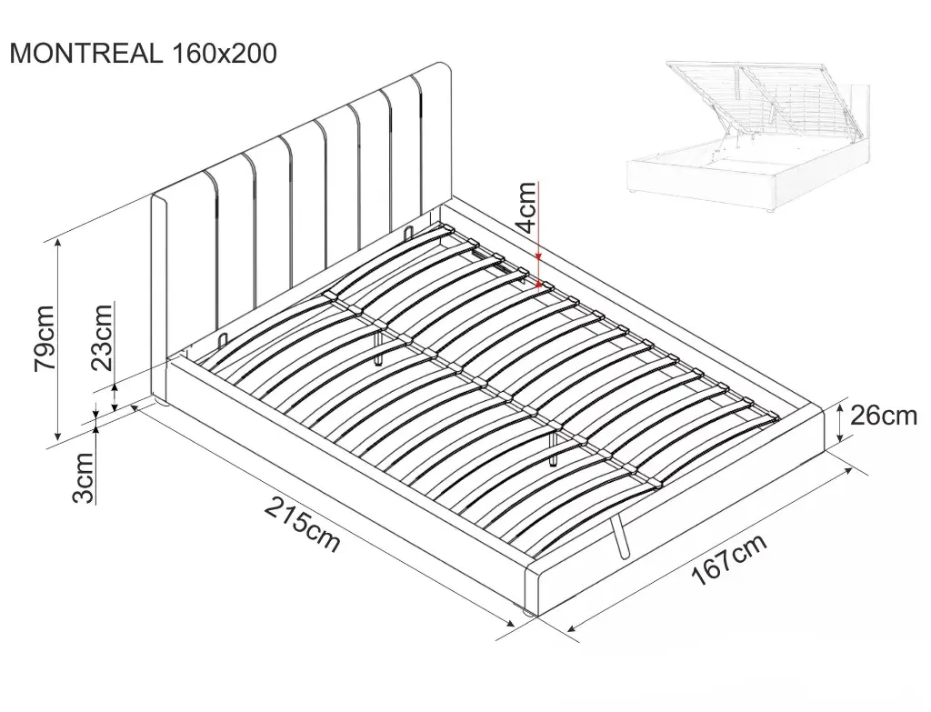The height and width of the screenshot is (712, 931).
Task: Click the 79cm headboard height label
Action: [45, 338]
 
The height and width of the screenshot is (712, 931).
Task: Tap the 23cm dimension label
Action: [102, 336]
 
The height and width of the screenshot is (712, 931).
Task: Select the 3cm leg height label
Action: [83, 477]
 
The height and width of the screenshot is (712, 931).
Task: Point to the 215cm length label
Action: [302, 525]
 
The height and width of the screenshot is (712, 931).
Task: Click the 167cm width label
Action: [729, 559]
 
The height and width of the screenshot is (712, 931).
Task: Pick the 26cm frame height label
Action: [884, 416]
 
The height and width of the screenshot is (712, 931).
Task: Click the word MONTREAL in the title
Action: [86, 54]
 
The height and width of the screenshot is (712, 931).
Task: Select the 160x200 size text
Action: [224, 54]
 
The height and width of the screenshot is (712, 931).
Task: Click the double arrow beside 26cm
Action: [839, 423]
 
